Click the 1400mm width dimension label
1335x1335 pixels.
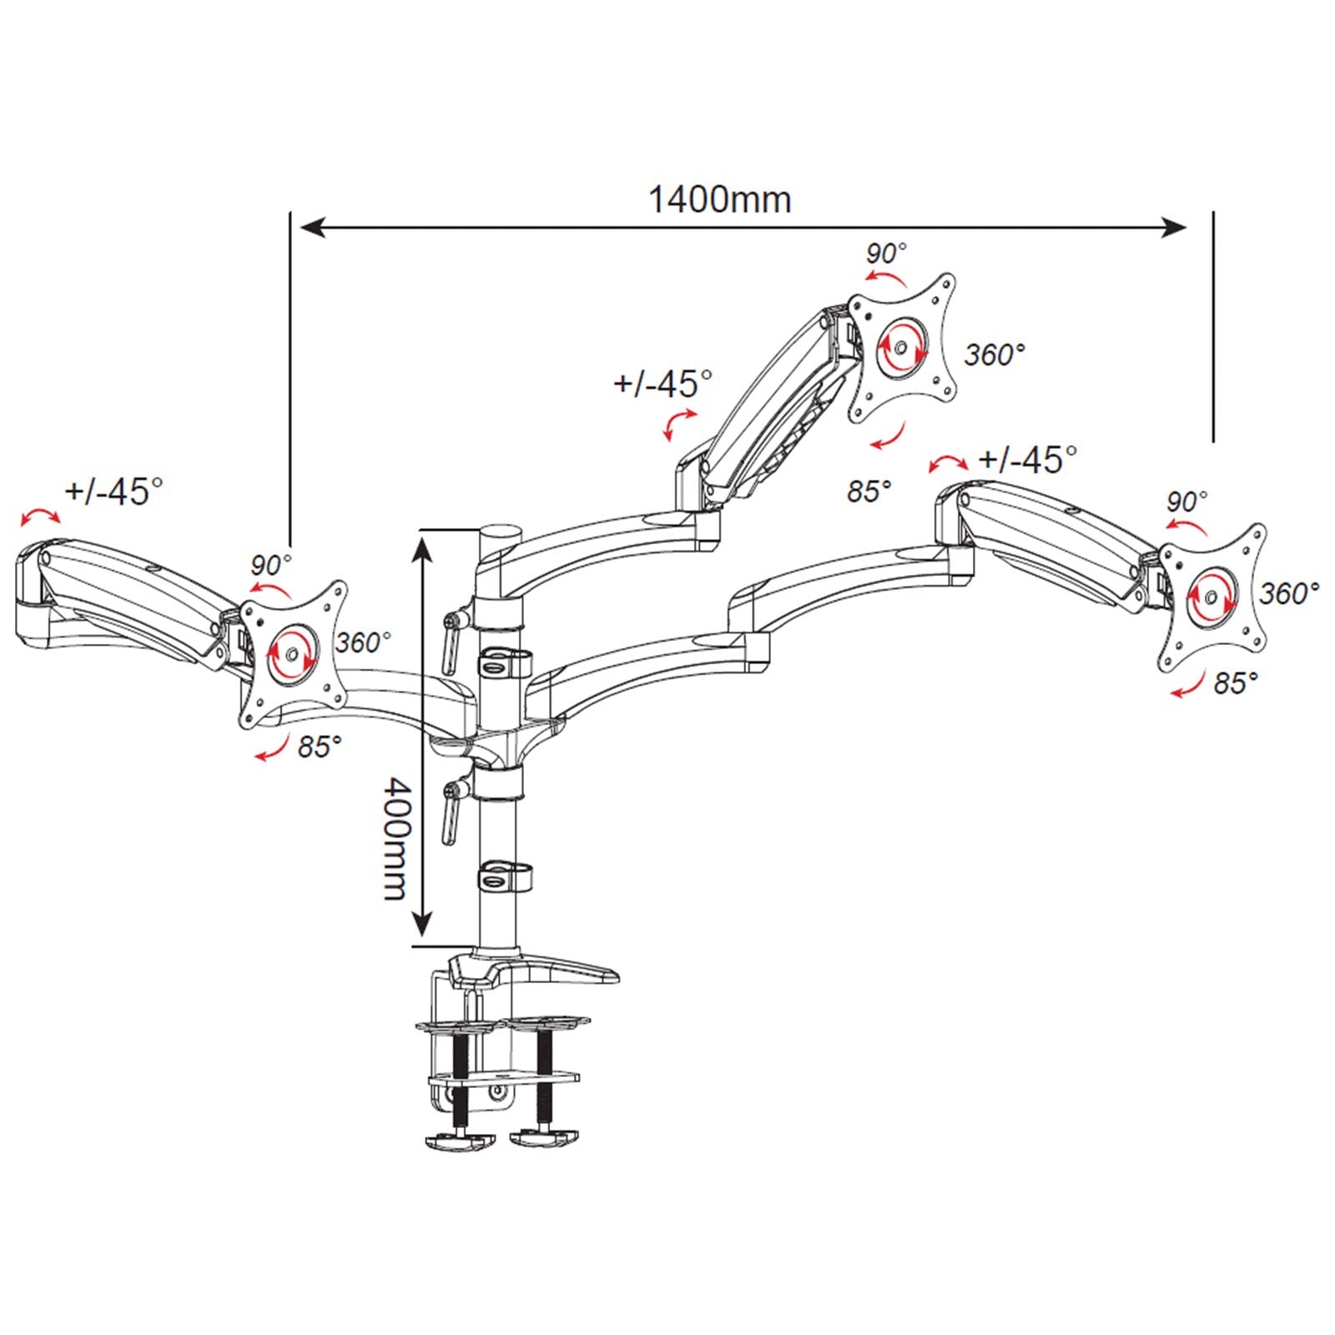tap(719, 200)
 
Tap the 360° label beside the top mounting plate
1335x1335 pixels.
tap(994, 355)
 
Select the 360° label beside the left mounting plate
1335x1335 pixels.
tap(364, 642)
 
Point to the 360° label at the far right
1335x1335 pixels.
tap(1289, 593)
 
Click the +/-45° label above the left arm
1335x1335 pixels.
tap(114, 491)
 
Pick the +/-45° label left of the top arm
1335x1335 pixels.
tap(663, 384)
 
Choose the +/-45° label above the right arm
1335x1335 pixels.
tap(1028, 458)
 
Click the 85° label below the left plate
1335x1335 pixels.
tap(320, 746)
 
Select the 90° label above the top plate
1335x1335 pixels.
tap(886, 253)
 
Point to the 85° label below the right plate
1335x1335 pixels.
tap(1235, 683)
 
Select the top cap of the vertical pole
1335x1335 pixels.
tap(499, 531)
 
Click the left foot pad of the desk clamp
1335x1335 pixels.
tap(458, 1140)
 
